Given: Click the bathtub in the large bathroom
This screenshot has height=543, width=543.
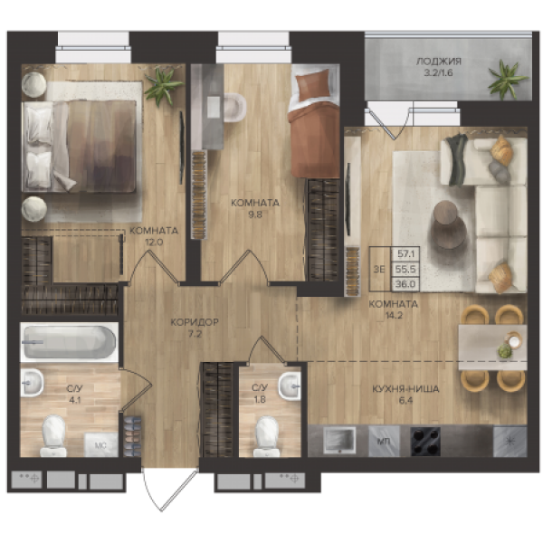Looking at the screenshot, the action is [x=70, y=342].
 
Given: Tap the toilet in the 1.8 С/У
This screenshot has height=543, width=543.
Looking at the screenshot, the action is [x=267, y=436].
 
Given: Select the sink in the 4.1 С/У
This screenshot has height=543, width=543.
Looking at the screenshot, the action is [x=32, y=383].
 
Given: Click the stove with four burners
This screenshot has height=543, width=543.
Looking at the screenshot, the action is [x=425, y=442].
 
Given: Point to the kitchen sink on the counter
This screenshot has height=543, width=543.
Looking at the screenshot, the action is [x=339, y=440].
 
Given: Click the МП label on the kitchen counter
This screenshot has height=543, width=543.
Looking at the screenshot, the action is [x=384, y=442].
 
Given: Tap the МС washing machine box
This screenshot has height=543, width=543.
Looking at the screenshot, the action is [x=100, y=444].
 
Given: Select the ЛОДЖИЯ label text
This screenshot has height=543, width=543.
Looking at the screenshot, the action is [x=438, y=62].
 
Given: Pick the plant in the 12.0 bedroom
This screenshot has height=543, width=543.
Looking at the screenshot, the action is [x=163, y=86].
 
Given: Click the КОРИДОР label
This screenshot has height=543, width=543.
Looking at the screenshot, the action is [x=195, y=322].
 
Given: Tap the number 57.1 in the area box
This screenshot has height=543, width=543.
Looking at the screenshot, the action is [x=405, y=253].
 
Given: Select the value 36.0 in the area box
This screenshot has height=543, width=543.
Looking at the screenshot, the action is [x=405, y=284].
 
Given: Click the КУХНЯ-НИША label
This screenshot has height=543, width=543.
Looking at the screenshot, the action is [x=405, y=389].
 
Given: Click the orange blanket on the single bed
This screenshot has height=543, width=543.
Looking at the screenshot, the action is [x=314, y=140].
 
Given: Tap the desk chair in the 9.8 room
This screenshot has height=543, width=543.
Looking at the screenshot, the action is [x=234, y=108].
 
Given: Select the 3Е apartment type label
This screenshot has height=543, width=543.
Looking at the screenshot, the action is [x=379, y=269].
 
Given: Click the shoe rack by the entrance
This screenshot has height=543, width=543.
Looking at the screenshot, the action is [x=133, y=436].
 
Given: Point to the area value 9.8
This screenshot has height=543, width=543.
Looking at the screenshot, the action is [x=255, y=214].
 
